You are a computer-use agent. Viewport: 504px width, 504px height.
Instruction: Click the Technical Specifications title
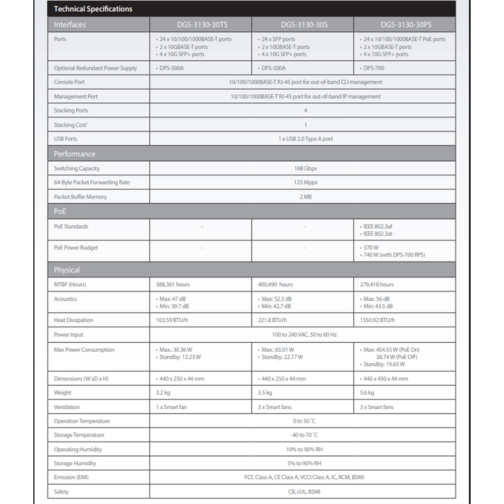(93, 9)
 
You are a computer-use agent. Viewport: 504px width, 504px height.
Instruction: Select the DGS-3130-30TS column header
(201, 25)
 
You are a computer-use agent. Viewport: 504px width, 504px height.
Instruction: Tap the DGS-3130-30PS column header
(406, 25)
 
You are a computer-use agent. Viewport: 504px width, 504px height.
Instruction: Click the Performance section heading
(75, 154)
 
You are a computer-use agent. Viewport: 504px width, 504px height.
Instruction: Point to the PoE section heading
(60, 212)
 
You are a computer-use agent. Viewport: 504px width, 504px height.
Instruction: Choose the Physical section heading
(67, 270)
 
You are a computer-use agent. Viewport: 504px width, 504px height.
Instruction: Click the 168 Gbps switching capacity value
(305, 169)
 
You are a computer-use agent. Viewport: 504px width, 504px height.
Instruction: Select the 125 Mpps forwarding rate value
(305, 183)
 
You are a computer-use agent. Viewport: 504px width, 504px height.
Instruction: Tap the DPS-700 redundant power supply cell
(374, 69)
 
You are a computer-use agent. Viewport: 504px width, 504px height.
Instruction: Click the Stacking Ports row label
(71, 111)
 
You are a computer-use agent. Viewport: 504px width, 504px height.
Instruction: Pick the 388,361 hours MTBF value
(173, 285)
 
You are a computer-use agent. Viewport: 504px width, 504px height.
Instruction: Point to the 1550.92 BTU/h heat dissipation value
(377, 321)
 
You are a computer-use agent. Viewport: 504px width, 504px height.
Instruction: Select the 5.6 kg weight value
(367, 393)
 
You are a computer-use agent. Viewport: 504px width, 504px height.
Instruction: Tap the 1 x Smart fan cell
(171, 407)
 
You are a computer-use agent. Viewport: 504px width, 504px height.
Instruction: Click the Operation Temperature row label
(82, 421)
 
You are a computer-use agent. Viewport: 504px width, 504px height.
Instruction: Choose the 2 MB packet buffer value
(305, 197)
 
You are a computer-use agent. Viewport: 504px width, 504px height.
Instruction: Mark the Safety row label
(61, 492)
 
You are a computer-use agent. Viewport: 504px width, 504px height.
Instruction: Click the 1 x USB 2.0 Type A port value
(305, 139)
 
